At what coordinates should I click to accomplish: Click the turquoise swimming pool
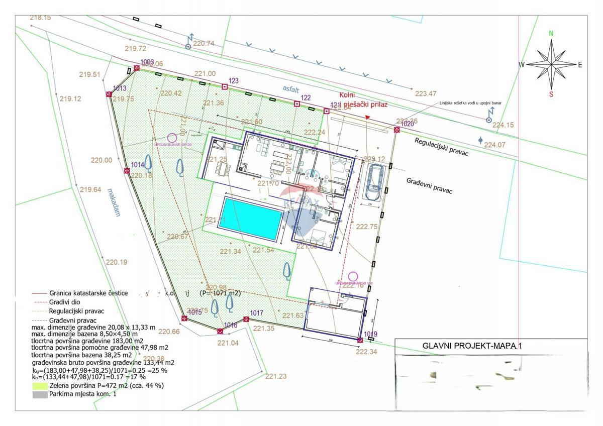pos(252,219)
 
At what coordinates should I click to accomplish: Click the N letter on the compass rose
pos(551,34)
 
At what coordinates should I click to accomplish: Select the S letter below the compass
pos(551,94)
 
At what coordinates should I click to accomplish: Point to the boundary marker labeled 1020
pos(397,130)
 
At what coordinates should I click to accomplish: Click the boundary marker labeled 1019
pos(360,340)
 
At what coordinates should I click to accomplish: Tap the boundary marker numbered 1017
pos(246,319)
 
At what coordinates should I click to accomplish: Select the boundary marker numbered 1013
pos(109,94)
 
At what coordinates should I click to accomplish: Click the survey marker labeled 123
pos(225,87)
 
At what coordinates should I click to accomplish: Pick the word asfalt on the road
pos(290,88)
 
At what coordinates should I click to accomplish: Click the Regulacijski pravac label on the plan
pos(441,147)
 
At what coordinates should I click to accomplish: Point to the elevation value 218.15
pos(40,18)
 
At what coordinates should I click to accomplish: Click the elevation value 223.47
pos(426,94)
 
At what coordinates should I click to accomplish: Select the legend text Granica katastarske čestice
pos(88,293)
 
